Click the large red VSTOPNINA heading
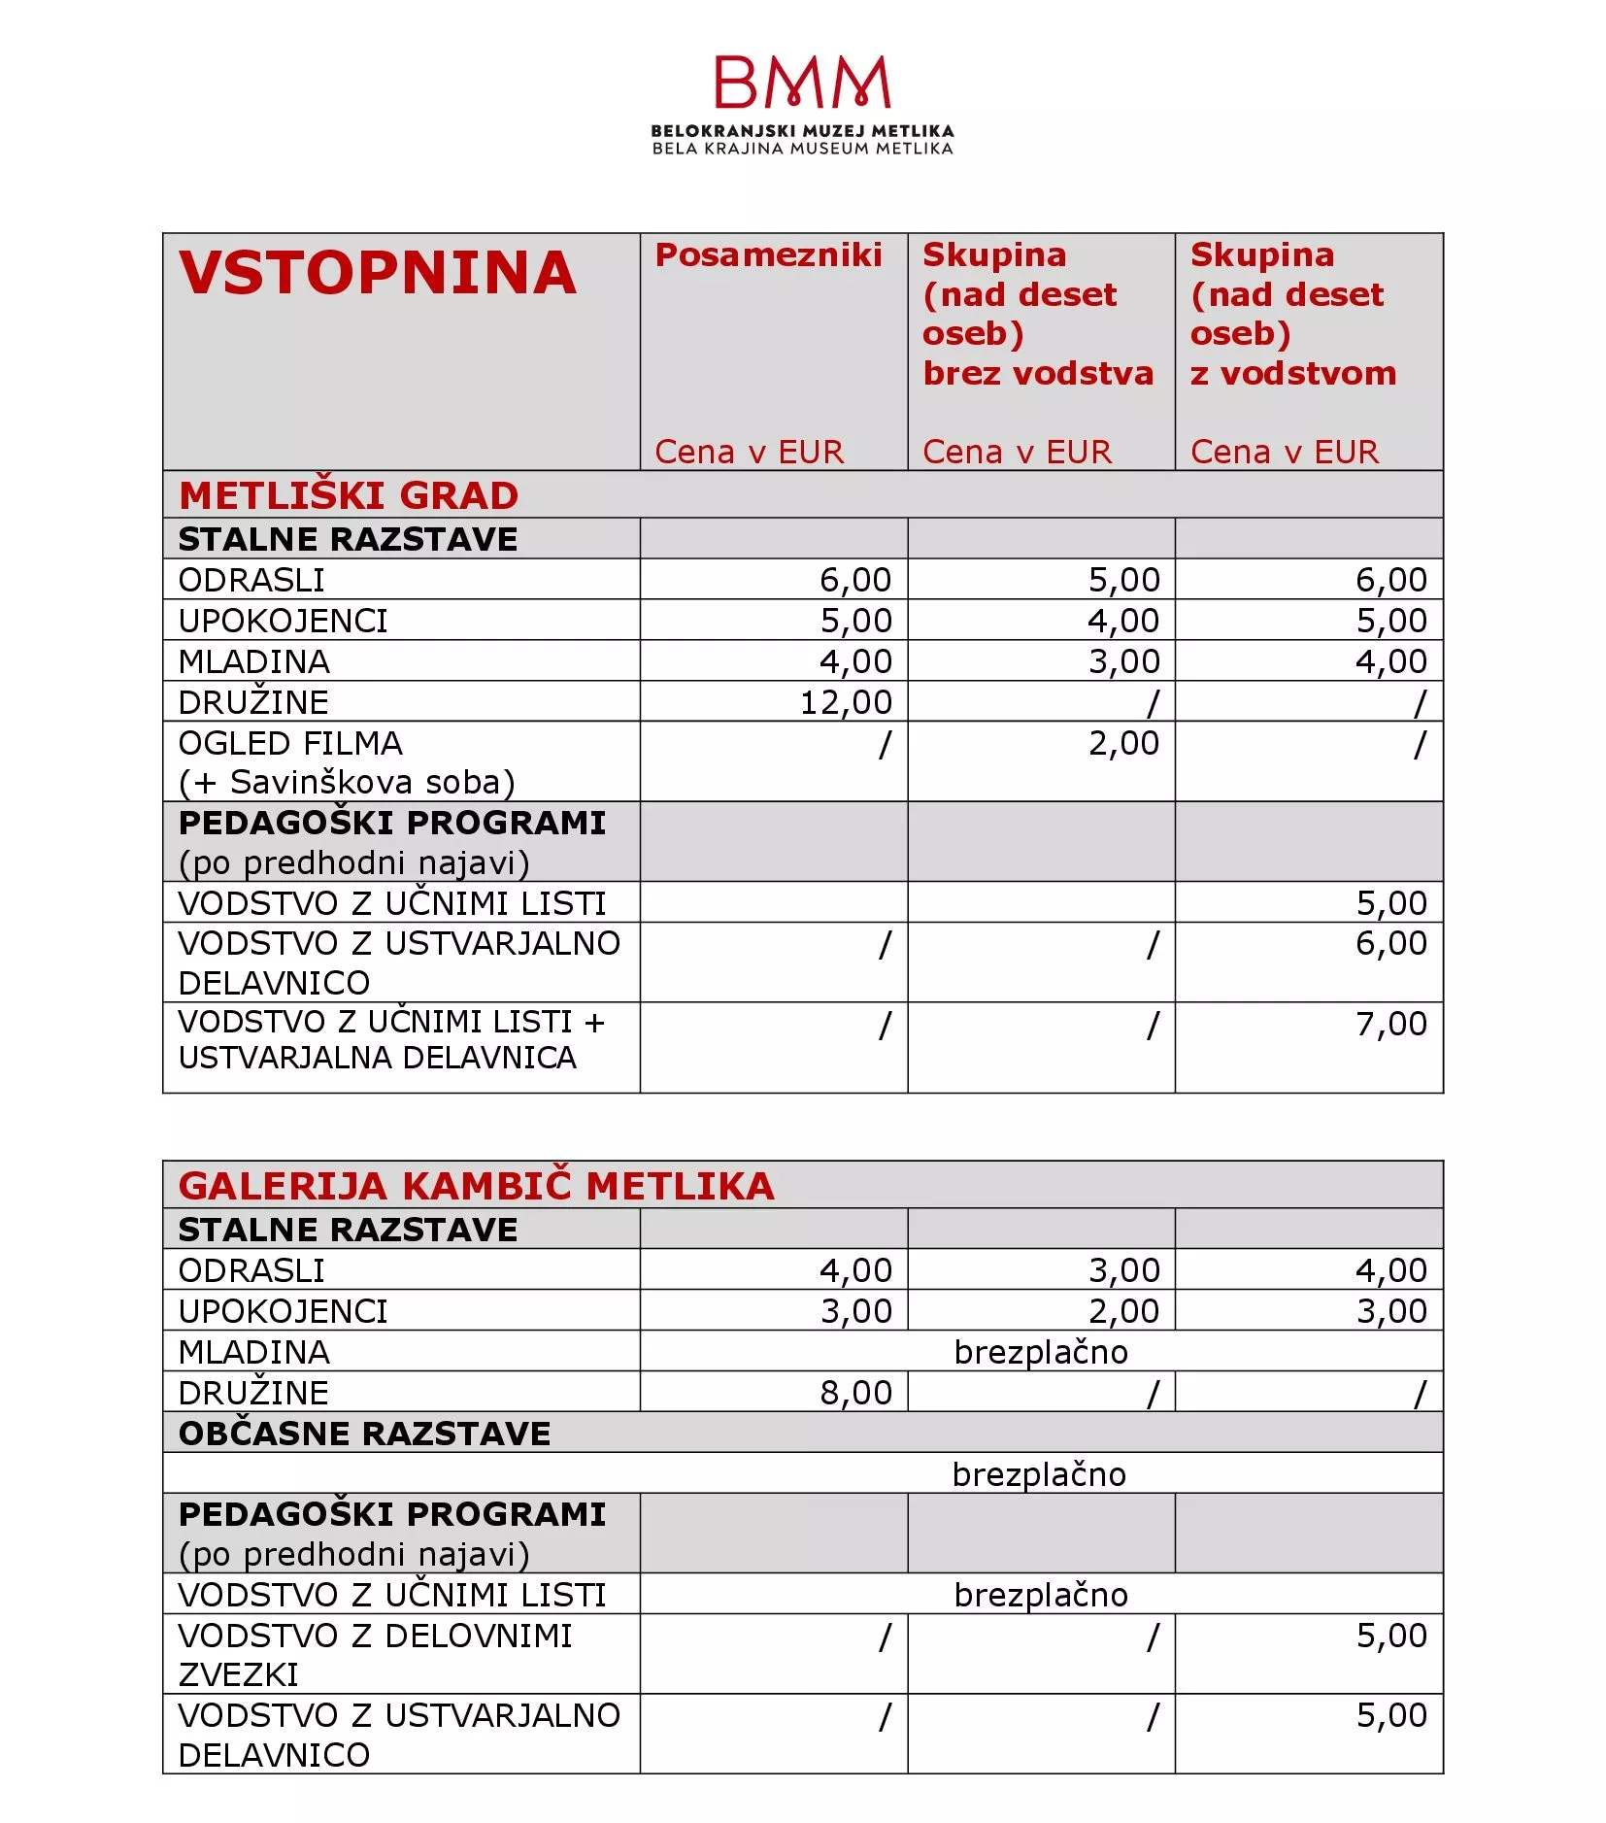pyautogui.click(x=378, y=273)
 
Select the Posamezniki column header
pyautogui.click(x=768, y=254)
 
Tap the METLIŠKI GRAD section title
pyautogui.click(x=349, y=495)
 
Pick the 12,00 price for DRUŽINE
pyautogui.click(x=846, y=702)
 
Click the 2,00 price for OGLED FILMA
pyautogui.click(x=1123, y=743)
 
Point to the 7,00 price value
pyautogui.click(x=1391, y=1024)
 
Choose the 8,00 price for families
pyautogui.click(x=855, y=1393)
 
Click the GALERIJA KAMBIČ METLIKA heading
pyautogui.click(x=477, y=1186)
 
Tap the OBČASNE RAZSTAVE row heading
pyautogui.click(x=364, y=1434)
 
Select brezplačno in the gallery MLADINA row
pyautogui.click(x=1041, y=1352)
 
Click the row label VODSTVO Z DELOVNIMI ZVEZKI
pyautogui.click(x=375, y=1655)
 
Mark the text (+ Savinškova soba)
pyautogui.click(x=347, y=782)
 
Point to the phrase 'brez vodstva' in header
pyautogui.click(x=1038, y=373)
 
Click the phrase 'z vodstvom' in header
pyautogui.click(x=1293, y=373)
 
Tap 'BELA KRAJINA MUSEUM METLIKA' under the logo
pyautogui.click(x=802, y=149)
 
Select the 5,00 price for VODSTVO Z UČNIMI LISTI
pyautogui.click(x=1391, y=903)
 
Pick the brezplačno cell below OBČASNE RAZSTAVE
pyautogui.click(x=1039, y=1474)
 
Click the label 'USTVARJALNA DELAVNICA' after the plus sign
pyautogui.click(x=378, y=1058)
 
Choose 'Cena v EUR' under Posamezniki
pyautogui.click(x=749, y=452)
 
